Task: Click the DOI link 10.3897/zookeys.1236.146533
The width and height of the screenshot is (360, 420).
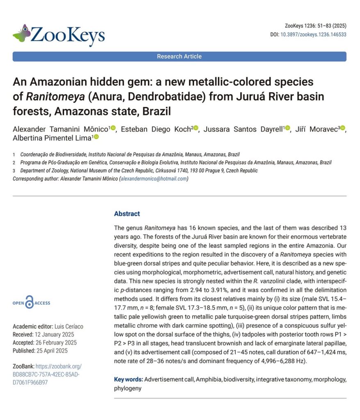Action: (x=313, y=34)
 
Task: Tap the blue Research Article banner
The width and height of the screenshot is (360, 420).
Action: (x=179, y=57)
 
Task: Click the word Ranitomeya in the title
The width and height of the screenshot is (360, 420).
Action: (x=48, y=97)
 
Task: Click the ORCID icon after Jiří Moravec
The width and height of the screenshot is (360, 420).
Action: (x=343, y=128)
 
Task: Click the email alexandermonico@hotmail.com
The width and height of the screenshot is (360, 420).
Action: (x=153, y=178)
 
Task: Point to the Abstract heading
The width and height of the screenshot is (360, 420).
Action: (x=127, y=214)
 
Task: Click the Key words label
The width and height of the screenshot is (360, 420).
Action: (x=128, y=379)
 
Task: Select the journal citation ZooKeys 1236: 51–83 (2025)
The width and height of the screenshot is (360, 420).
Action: (x=315, y=26)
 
